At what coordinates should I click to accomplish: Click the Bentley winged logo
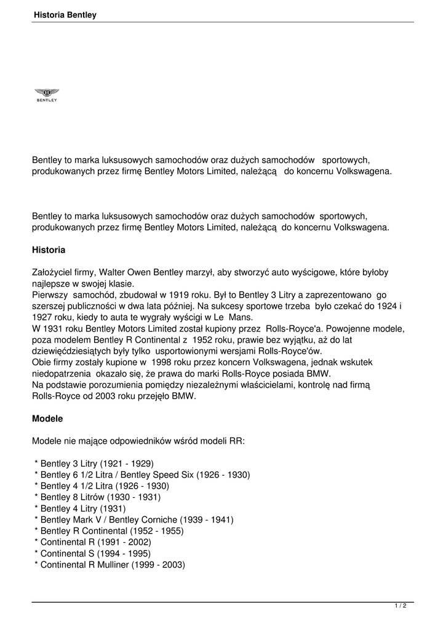tap(47, 94)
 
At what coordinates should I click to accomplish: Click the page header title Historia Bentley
tap(66, 15)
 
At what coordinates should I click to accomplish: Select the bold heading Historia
tap(49, 250)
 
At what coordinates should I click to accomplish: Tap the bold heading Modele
tap(47, 418)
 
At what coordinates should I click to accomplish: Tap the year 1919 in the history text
tap(170, 295)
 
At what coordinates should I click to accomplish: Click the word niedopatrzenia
tap(62, 373)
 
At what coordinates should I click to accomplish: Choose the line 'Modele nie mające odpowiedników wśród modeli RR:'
tap(138, 441)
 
